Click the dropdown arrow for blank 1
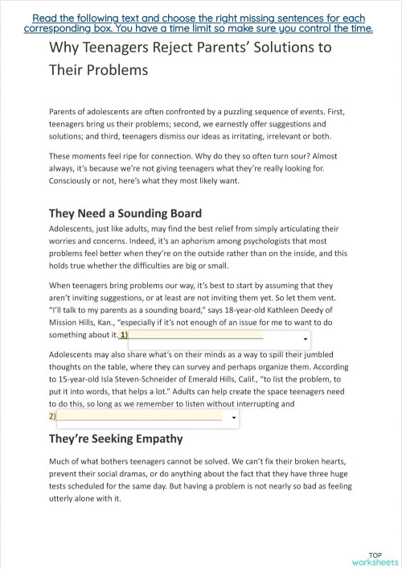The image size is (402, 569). tap(305, 340)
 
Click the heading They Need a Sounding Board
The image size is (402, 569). tap(125, 213)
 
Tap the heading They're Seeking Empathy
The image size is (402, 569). tap(116, 439)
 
